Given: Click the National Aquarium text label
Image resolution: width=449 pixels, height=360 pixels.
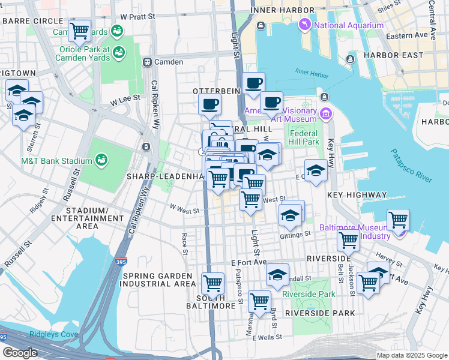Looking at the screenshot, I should [349, 25].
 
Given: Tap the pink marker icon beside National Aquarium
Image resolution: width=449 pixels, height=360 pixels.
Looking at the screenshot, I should [306, 25].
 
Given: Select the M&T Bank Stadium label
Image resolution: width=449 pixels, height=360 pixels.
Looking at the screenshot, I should [57, 160].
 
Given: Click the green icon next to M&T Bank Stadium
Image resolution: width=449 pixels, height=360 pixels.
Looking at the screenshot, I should [101, 160].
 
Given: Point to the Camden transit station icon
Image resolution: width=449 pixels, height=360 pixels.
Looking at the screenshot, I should [146, 62].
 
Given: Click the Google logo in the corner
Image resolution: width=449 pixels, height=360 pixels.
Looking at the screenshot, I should [19, 353].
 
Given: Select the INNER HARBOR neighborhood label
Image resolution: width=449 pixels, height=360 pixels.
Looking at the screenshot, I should [282, 11].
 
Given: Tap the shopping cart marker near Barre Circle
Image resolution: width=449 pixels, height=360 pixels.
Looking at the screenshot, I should [79, 30].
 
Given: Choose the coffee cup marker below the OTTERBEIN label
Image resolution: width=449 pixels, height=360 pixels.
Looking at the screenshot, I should [209, 104].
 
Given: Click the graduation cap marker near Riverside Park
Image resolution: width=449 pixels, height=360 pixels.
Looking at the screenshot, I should [277, 274].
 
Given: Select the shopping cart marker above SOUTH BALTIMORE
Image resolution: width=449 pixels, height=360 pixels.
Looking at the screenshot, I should [212, 283].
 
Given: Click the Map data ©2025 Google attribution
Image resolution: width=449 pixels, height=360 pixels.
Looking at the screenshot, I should [412, 355].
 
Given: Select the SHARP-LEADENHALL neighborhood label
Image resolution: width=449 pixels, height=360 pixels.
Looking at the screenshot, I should [165, 177].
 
